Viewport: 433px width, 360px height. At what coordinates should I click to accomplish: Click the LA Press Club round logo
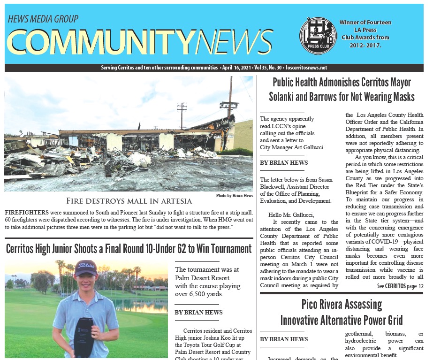coord(318,36)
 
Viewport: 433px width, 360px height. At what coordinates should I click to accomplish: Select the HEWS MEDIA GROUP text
coord(43,19)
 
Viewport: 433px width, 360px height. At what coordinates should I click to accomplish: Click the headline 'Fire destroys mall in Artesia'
coord(129,201)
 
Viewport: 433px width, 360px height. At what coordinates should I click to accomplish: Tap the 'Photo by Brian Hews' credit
coord(234,195)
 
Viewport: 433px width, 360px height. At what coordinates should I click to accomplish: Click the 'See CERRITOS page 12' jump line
coord(400,286)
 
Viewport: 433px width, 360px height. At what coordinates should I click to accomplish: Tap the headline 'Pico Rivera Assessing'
coord(342,304)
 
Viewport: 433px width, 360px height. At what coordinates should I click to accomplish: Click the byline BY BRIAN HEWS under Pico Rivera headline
coord(284,339)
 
